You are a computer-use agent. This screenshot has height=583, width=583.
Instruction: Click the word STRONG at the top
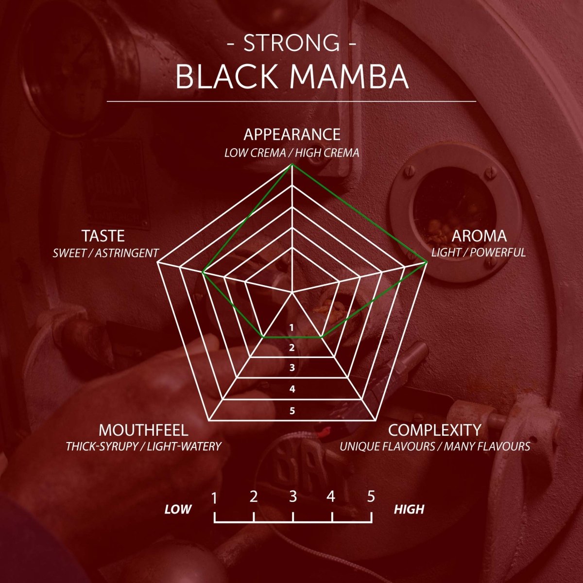coord(291,43)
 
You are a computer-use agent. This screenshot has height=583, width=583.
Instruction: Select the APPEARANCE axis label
coord(291,134)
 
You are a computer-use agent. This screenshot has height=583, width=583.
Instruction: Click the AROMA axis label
coord(479,236)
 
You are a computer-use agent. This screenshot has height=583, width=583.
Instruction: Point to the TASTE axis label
coord(103,236)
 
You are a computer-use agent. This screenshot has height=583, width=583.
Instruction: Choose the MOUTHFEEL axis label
coord(143,430)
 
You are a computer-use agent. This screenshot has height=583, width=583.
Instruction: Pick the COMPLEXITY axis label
coord(435,430)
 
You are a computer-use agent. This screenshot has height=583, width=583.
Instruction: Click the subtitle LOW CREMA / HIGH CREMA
coord(291,153)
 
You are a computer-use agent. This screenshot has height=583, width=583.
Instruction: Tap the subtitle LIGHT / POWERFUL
coord(479,253)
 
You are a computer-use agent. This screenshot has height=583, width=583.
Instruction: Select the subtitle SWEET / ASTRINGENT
coord(105,253)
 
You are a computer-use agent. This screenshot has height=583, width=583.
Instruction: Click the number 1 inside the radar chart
coord(291,328)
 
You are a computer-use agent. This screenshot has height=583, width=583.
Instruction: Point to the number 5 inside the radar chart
coord(292,411)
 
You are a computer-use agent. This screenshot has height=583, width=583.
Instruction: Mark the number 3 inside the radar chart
coord(292,368)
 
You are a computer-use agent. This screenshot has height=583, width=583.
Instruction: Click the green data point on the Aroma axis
coord(426,262)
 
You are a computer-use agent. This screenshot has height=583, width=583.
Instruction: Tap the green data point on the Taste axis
coord(203,274)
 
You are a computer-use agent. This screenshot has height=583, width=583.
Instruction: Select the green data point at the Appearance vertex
coord(291,165)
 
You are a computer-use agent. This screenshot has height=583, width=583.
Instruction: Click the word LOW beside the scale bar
coord(178,509)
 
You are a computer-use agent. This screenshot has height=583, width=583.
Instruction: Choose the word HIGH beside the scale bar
coord(409,509)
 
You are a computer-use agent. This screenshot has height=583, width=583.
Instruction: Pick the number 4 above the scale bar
coord(331,497)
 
